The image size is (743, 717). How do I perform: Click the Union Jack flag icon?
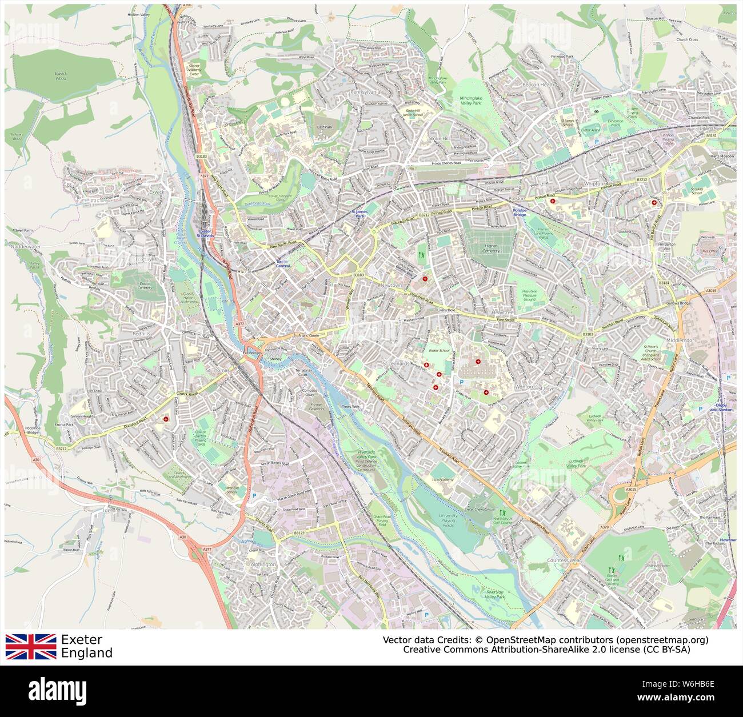[31, 646]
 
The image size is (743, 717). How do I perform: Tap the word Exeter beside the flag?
[82, 639]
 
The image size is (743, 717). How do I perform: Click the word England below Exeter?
[86, 653]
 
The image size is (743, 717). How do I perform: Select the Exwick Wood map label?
[61, 75]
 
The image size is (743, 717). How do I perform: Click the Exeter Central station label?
[283, 263]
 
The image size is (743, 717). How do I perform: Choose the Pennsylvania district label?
[365, 91]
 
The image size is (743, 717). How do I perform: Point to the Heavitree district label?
[505, 314]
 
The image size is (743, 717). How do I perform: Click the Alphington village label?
[263, 564]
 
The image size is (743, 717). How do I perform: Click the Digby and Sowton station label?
[721, 408]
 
